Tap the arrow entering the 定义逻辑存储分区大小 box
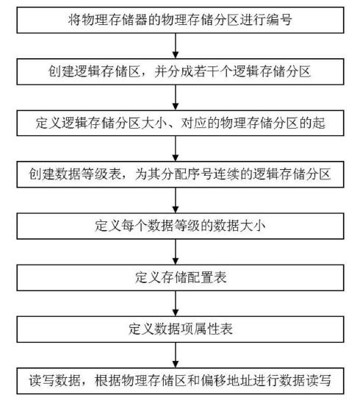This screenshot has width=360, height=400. [x=176, y=96]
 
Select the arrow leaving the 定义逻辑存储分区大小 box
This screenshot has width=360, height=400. [x=176, y=148]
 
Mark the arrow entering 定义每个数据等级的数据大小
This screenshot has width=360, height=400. [x=176, y=199]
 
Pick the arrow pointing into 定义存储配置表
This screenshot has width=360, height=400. [x=176, y=251]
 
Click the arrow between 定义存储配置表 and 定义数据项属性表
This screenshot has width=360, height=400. [x=176, y=303]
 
